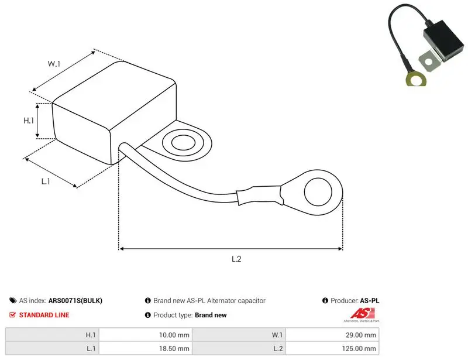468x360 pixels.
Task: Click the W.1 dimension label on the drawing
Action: point(54,64)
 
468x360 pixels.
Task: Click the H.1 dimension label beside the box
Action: point(29,121)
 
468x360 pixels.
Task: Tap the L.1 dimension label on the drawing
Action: point(46,181)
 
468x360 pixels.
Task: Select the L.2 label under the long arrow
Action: point(236,259)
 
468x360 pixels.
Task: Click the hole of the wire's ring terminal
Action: point(318,192)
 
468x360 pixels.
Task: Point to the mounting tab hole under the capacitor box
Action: point(183,142)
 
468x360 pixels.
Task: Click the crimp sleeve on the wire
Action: point(259,196)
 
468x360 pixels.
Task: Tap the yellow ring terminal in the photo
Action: point(416,80)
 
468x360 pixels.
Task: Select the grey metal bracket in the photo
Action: point(429,61)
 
